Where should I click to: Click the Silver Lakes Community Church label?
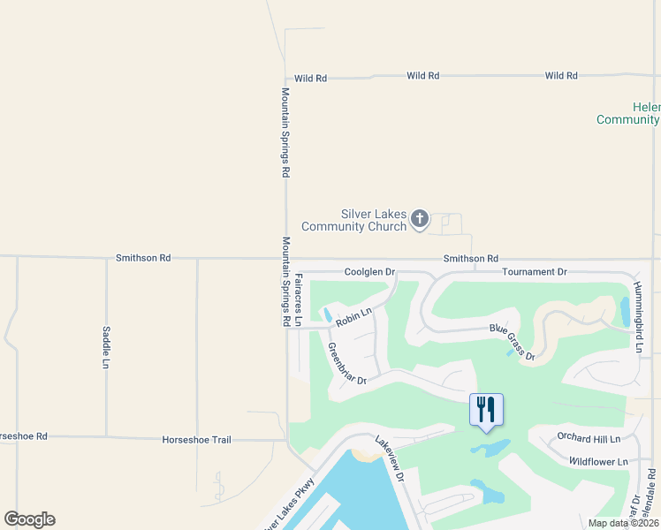tap(353, 220)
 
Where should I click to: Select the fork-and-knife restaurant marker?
tap(486, 409)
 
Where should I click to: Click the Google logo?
tap(29, 519)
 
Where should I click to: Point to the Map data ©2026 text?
tap(623, 523)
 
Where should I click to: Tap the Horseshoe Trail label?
tap(196, 439)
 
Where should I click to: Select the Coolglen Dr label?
tap(369, 272)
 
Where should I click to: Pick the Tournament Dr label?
tap(534, 272)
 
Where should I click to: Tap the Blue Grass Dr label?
tap(513, 340)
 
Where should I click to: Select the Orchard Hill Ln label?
tap(589, 438)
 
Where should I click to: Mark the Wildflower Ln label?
tap(598, 461)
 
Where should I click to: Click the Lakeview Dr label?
tap(388, 458)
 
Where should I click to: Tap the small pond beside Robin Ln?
tap(328, 314)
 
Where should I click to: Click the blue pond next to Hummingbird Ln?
tap(625, 312)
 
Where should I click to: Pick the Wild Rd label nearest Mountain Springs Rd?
tap(310, 79)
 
